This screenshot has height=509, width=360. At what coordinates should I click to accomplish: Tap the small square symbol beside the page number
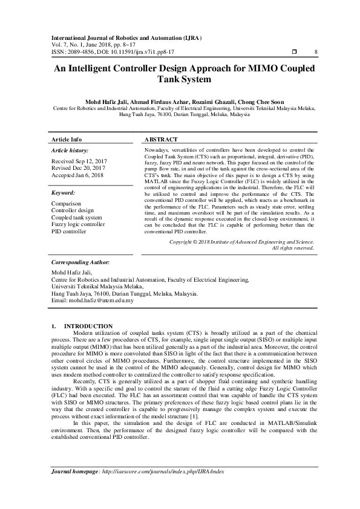(x=294, y=53)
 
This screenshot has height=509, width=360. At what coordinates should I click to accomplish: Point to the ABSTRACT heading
(x=161, y=139)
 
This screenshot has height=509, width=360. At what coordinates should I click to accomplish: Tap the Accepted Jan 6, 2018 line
(x=77, y=175)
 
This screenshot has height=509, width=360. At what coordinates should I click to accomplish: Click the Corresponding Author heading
(x=80, y=263)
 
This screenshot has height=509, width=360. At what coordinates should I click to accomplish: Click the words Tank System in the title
(x=180, y=80)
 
